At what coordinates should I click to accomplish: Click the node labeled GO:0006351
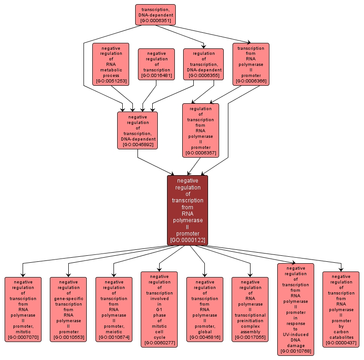pos(155,15)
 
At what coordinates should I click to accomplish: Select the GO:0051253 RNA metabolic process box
pos(111,64)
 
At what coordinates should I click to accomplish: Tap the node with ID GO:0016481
pos(156,64)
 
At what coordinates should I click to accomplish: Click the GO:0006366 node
pos(251,64)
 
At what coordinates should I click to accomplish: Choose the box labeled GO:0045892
pos(137,130)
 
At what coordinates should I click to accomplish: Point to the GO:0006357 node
pos(201,130)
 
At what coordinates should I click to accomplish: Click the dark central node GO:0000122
pos(187,210)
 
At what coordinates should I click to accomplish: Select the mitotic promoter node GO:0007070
pos(23,309)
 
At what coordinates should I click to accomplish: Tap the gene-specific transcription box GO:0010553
pos(68,309)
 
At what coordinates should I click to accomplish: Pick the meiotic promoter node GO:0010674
pos(113,309)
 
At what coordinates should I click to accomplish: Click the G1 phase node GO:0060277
pos(159,309)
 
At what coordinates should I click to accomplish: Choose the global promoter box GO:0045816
pos(204,309)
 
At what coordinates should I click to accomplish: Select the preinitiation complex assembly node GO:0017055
pos(250,309)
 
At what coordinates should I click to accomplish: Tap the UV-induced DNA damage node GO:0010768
pos(296,309)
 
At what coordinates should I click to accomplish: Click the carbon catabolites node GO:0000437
pos(341,309)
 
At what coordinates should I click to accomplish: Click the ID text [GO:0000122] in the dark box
pos(187,240)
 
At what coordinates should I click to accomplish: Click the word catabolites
pos(341,337)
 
